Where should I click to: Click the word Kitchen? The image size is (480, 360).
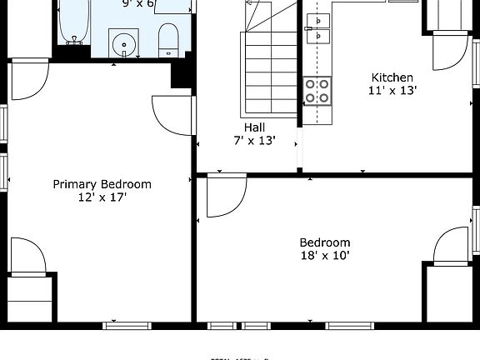pyautogui.click(x=392, y=77)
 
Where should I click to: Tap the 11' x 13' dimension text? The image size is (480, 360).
pyautogui.click(x=392, y=91)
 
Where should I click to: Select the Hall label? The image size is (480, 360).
pyautogui.click(x=255, y=127)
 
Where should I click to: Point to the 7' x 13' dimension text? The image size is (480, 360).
pyautogui.click(x=255, y=141)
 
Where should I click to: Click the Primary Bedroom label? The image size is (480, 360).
pyautogui.click(x=102, y=184)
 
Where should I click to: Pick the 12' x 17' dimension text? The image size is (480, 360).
pyautogui.click(x=102, y=197)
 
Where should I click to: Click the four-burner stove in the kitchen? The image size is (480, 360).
pyautogui.click(x=317, y=90)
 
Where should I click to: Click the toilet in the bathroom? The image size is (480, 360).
pyautogui.click(x=168, y=37)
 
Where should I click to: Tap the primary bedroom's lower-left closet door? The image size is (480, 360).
pyautogui.click(x=27, y=255)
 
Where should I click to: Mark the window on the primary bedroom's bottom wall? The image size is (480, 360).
pyautogui.click(x=127, y=324)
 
